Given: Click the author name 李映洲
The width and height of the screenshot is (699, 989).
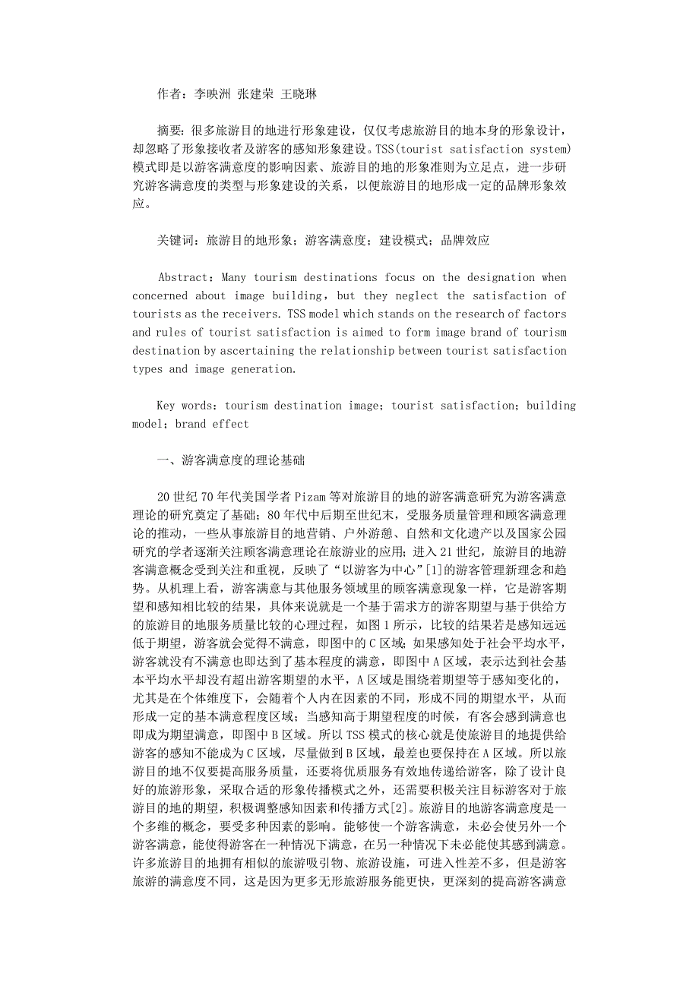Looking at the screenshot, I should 212,94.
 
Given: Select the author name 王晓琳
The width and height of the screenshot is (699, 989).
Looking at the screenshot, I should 299,94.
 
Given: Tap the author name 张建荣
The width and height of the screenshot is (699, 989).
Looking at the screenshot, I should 255,94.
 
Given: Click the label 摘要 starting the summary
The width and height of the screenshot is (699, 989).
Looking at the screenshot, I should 169,131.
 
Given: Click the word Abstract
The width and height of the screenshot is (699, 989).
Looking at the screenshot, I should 182,277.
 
